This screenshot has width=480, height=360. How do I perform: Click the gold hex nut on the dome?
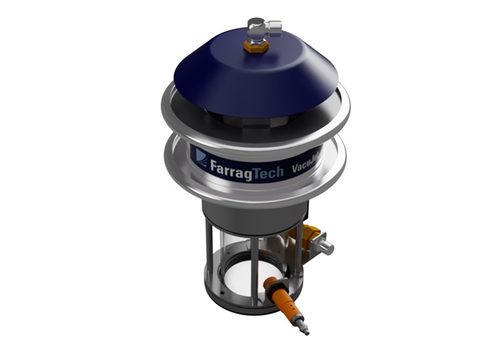click(x=252, y=46)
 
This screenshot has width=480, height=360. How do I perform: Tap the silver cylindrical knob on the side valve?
click(x=325, y=246)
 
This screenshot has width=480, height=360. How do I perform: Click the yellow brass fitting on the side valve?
click(x=311, y=233)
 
